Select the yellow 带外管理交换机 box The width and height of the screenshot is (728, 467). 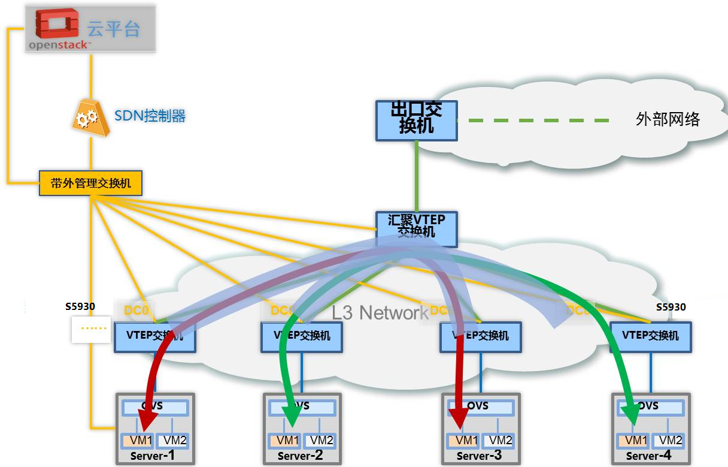pos(91,183)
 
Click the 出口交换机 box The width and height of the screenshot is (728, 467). pos(416,120)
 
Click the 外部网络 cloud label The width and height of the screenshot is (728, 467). pos(668,119)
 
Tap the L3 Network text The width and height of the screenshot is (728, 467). pos(380,312)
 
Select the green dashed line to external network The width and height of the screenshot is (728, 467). pos(533,120)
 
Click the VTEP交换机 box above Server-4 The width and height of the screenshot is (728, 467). pos(650,336)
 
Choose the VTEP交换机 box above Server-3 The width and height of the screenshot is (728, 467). pos(481,336)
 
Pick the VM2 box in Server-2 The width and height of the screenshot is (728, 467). pos(319,441)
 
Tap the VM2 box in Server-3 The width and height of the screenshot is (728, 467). pos(500,441)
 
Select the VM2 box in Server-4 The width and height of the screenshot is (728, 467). pos(670,441)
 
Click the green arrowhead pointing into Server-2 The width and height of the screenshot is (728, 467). pos(292,413)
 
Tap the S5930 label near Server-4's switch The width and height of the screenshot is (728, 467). pos(671,308)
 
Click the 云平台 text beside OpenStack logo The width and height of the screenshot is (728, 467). pos(113,29)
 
